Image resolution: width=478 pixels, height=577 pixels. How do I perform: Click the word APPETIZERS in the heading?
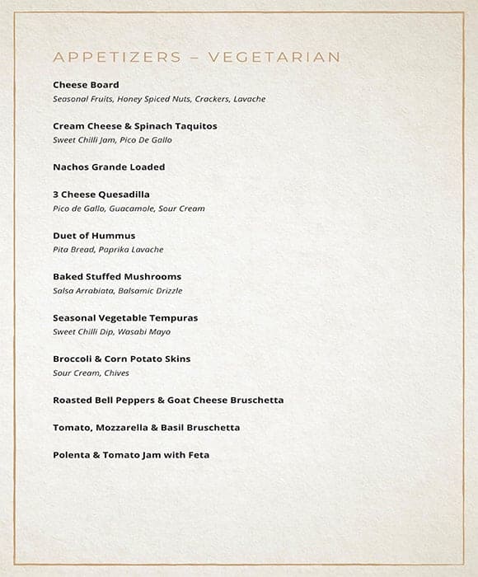point(118,57)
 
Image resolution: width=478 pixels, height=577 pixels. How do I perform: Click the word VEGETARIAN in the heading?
point(274,57)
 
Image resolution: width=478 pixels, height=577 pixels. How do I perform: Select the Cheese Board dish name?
point(86,85)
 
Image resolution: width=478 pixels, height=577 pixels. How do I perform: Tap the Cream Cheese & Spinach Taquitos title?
point(135,126)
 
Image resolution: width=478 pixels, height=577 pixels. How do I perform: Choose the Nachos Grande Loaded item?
point(109,167)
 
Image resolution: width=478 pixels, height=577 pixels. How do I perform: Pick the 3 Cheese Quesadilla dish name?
point(101,195)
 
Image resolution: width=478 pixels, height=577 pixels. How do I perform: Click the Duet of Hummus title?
point(94,236)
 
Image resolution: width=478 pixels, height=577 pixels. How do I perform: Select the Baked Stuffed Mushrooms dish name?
point(117,277)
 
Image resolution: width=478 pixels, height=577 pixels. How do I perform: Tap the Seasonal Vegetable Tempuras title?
point(125,318)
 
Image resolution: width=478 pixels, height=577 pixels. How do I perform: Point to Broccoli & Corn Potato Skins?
point(122,359)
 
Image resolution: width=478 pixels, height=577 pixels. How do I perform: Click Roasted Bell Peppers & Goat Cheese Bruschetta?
point(168,400)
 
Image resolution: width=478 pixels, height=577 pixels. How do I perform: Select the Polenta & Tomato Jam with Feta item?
point(131,455)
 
